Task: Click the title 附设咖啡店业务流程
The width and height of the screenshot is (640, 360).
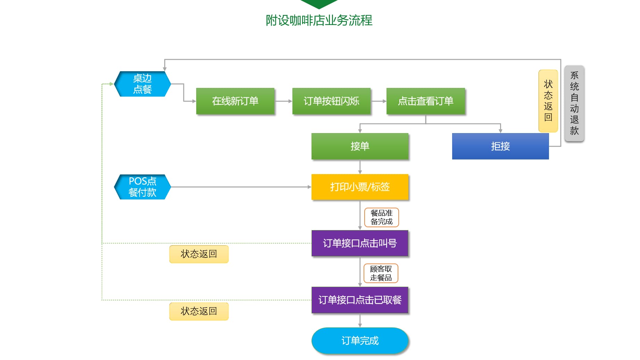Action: (x=319, y=21)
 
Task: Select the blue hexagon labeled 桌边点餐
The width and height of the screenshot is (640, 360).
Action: (x=142, y=84)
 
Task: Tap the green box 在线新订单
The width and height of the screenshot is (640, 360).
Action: (x=235, y=101)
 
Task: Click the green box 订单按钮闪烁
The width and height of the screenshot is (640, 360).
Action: (x=331, y=101)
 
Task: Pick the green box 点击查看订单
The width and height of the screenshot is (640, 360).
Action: (x=425, y=101)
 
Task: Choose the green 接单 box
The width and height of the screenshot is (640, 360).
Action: (x=360, y=146)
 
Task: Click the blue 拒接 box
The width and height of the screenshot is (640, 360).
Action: (x=500, y=146)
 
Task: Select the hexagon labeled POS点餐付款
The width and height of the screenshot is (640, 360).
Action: (x=142, y=187)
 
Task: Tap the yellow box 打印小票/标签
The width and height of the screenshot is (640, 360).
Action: (x=360, y=187)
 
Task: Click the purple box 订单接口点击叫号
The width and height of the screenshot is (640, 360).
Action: (x=360, y=243)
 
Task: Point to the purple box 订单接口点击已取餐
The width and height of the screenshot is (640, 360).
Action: (x=360, y=300)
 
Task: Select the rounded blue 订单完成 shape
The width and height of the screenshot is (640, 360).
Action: (x=360, y=341)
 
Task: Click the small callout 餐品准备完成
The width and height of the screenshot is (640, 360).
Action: (x=381, y=218)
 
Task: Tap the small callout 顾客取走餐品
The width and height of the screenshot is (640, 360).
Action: (x=381, y=273)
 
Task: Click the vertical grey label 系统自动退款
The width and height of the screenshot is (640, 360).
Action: (x=574, y=103)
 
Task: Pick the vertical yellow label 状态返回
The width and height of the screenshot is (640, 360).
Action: (x=548, y=101)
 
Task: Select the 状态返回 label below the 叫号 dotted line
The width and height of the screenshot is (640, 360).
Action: (x=199, y=254)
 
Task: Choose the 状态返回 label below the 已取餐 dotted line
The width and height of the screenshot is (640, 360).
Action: (x=199, y=311)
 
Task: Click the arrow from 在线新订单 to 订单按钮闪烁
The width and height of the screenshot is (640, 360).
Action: (x=283, y=101)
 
